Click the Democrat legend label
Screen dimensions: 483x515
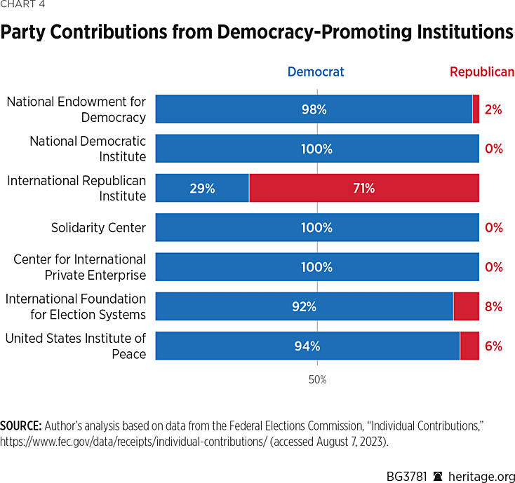(316, 72)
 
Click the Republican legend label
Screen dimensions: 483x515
(481, 72)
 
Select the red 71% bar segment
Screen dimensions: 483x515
(363, 188)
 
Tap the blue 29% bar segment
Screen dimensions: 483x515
(201, 188)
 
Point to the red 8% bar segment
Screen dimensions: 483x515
(466, 306)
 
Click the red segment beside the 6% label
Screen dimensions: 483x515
(469, 346)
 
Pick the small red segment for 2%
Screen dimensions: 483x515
(476, 109)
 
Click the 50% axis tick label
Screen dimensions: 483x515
(317, 380)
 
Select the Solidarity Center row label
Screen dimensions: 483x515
(98, 228)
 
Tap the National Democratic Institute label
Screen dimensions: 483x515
(88, 149)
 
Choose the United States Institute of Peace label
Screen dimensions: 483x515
(76, 346)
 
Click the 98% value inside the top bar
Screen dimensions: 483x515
(314, 109)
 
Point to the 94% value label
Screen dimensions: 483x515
(308, 346)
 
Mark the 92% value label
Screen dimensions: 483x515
(305, 306)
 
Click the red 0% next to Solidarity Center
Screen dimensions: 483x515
(494, 228)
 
